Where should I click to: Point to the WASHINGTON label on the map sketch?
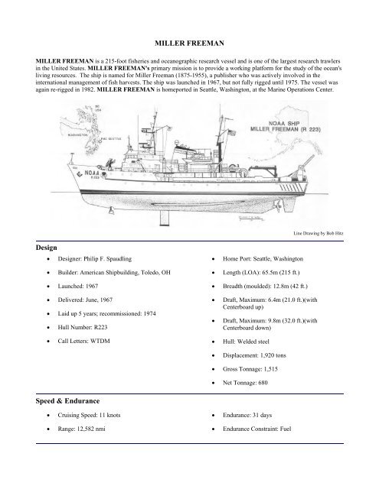point(78,131)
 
